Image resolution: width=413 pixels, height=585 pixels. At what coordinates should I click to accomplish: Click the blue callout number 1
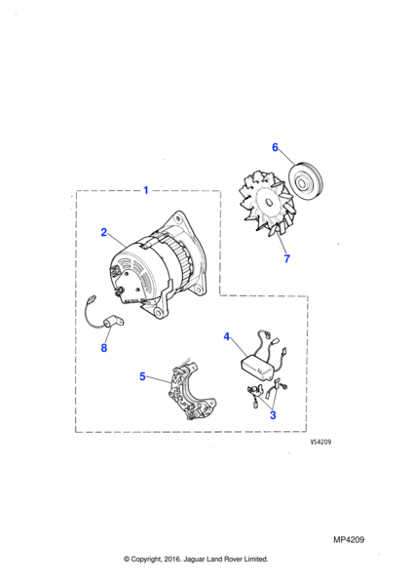tap(146, 190)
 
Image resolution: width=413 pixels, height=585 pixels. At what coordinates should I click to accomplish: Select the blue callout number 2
tap(104, 232)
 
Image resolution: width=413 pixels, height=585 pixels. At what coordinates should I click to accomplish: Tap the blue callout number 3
tap(273, 415)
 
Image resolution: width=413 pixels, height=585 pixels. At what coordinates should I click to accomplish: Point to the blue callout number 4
tap(227, 336)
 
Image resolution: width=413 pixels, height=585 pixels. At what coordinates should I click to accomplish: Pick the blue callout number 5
tap(142, 376)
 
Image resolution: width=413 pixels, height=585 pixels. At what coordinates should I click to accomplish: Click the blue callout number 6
tap(275, 147)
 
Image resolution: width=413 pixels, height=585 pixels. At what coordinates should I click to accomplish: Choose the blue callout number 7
tap(286, 258)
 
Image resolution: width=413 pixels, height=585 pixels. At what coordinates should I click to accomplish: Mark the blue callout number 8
tap(104, 348)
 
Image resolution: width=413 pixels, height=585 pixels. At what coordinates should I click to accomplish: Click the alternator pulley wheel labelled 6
tap(306, 182)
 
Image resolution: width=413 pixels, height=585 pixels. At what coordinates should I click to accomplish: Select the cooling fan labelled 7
tap(267, 204)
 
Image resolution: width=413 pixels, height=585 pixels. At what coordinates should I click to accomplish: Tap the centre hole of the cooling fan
tap(269, 202)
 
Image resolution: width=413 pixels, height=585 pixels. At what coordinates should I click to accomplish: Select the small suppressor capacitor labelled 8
tap(114, 321)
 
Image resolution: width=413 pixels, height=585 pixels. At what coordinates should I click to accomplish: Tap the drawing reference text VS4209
tap(320, 442)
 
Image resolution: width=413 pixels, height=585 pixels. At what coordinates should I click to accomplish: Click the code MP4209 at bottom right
tap(349, 540)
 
